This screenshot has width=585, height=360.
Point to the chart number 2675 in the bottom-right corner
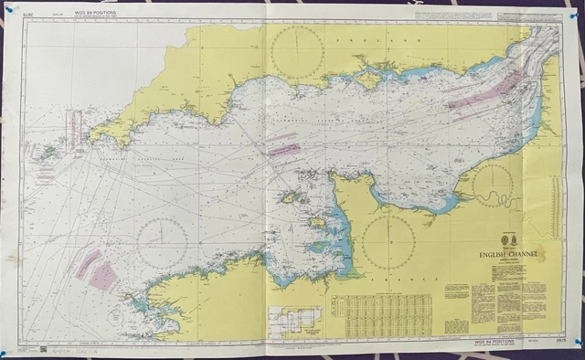tap(550, 340)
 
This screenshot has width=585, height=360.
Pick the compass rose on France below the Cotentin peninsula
tap(388, 241)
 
